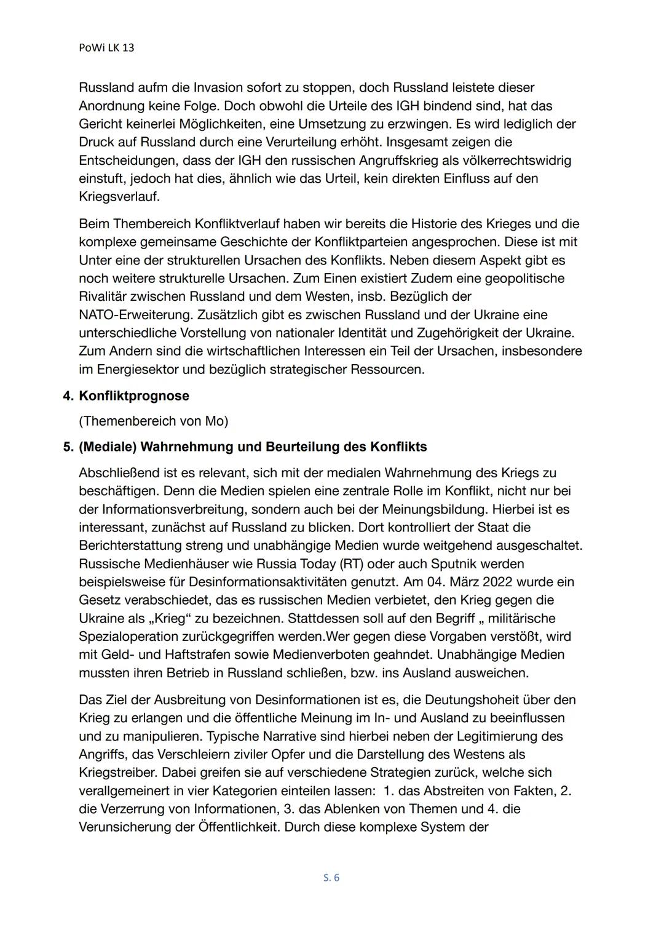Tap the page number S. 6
331,878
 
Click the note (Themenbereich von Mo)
153,421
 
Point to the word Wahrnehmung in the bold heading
201,447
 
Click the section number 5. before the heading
68,447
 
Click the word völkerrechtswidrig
513,161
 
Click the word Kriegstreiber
118,772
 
